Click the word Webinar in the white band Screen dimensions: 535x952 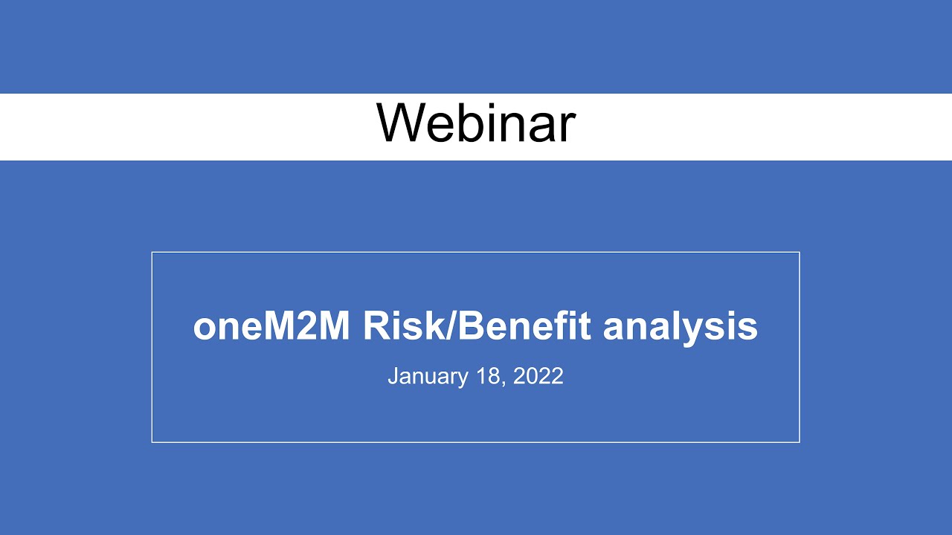click(x=475, y=123)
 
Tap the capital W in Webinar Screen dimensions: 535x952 click(x=402, y=123)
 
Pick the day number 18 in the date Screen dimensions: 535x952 click(x=490, y=376)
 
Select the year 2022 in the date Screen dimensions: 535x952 click(x=538, y=376)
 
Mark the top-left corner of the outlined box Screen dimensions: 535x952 click(x=152, y=253)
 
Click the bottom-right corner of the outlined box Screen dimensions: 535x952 click(x=799, y=442)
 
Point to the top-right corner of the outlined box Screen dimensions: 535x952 click(x=799, y=253)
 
